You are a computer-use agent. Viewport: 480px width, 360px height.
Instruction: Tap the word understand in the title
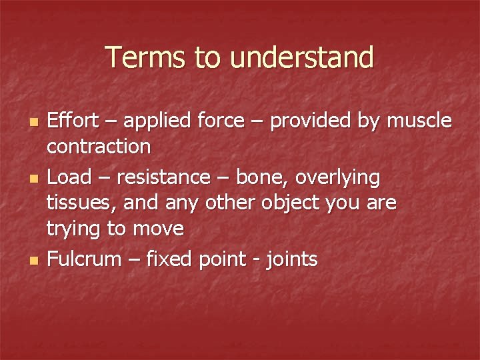click(302, 57)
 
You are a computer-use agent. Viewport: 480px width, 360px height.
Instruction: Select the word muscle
click(419, 121)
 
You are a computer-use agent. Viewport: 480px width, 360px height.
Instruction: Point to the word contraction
click(98, 145)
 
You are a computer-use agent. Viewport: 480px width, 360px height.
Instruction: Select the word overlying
click(339, 179)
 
